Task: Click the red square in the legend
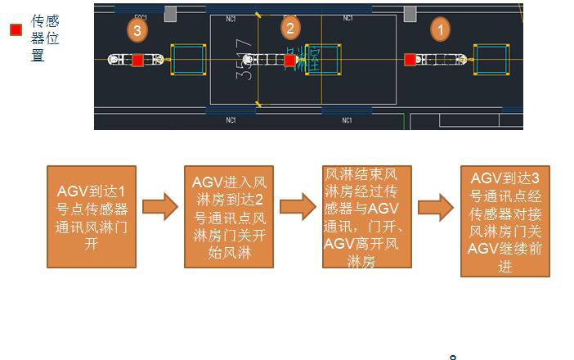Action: (x=16, y=30)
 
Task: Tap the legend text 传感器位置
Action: (x=45, y=38)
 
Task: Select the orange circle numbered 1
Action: (x=440, y=30)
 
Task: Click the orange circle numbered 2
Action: (x=290, y=28)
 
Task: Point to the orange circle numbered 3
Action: (x=137, y=31)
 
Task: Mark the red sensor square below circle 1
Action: (x=410, y=60)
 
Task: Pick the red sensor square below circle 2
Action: (x=290, y=60)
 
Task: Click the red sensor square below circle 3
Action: (x=137, y=60)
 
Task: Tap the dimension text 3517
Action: (x=244, y=60)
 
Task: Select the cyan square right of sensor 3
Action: (x=187, y=60)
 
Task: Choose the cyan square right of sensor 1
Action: (x=491, y=60)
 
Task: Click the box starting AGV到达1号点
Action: (x=91, y=216)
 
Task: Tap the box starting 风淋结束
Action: (x=367, y=217)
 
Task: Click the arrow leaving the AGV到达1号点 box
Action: (x=159, y=207)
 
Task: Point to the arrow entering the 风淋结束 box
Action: (x=298, y=207)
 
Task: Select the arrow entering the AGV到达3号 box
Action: (x=436, y=207)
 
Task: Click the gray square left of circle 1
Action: (x=410, y=13)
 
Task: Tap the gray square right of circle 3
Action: (x=170, y=13)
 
